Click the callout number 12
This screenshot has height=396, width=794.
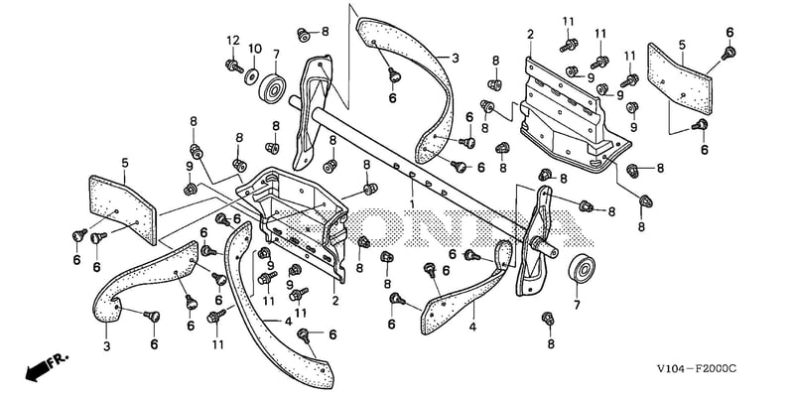(x=232, y=41)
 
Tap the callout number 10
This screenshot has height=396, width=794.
(x=255, y=49)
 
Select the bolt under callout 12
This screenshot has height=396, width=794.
(x=234, y=66)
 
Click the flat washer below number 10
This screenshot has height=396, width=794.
(x=250, y=77)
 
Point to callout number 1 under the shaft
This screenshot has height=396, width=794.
(x=412, y=203)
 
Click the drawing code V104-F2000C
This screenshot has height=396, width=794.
(x=697, y=368)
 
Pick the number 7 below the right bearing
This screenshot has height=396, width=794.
(x=577, y=305)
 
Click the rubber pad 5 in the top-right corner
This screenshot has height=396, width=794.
(x=680, y=78)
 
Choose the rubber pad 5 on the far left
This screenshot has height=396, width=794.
(x=123, y=210)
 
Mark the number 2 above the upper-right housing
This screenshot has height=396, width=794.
(x=530, y=35)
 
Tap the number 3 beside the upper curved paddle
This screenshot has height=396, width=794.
(x=456, y=59)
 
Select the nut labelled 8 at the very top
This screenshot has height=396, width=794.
(x=304, y=35)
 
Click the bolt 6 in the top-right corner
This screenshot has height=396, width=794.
(x=728, y=53)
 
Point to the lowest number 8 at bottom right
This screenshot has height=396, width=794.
(x=551, y=343)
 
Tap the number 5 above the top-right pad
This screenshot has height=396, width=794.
(x=682, y=45)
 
